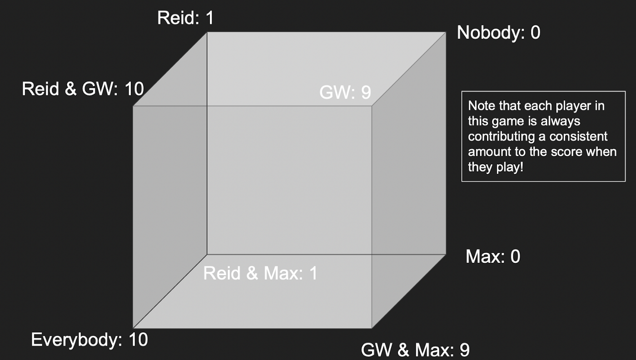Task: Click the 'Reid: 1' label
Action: pyautogui.click(x=185, y=18)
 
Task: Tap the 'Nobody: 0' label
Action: pyautogui.click(x=499, y=32)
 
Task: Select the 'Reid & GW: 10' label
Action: pyautogui.click(x=83, y=89)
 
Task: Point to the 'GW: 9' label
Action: pyautogui.click(x=345, y=92)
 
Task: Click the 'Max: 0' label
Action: pyautogui.click(x=493, y=256)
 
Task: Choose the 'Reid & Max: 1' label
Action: pyautogui.click(x=260, y=273)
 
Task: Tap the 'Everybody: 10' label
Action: pyautogui.click(x=89, y=340)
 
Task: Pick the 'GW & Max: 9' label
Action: pyautogui.click(x=415, y=350)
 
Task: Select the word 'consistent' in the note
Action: pyautogui.click(x=578, y=137)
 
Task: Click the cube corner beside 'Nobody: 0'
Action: pyautogui.click(x=446, y=32)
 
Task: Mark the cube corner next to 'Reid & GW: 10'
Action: pyautogui.click(x=133, y=106)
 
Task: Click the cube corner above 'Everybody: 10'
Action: pyautogui.click(x=133, y=328)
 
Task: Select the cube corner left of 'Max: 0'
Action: pyautogui.click(x=446, y=255)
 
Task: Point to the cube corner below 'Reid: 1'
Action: pyautogui.click(x=207, y=32)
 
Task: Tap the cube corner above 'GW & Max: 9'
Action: pyautogui.click(x=372, y=328)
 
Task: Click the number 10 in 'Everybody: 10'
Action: pyautogui.click(x=139, y=340)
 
